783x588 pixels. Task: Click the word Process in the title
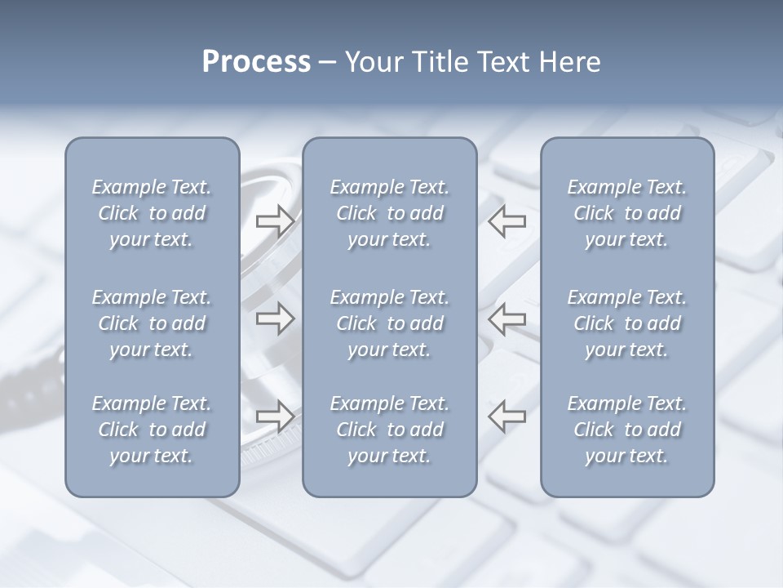tap(256, 62)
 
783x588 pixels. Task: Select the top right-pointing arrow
tap(275, 221)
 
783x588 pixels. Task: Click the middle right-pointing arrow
tap(275, 318)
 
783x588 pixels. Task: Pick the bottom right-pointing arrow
tap(275, 416)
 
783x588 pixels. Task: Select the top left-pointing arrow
tap(507, 221)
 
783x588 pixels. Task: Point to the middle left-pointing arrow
tap(507, 318)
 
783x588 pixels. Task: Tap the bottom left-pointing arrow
tap(507, 416)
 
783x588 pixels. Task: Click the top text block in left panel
tap(152, 213)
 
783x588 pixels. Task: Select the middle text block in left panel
tap(152, 323)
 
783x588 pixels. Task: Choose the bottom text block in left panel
tap(152, 430)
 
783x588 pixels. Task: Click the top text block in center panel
tap(389, 213)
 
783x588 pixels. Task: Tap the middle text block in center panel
tap(389, 323)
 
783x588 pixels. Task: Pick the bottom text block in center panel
tap(389, 430)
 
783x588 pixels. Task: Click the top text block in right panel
tap(626, 213)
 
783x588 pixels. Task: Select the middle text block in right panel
tap(626, 323)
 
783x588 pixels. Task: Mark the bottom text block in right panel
tap(626, 430)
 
